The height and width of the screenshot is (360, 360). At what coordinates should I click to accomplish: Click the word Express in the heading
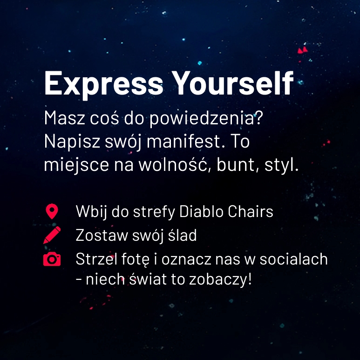click(x=103, y=84)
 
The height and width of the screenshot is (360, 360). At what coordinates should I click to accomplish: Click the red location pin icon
click(x=52, y=211)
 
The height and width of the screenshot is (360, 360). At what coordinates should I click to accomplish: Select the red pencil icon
click(x=52, y=235)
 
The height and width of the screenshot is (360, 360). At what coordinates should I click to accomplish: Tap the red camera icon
click(x=52, y=259)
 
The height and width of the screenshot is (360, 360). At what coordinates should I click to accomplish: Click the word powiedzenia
click(x=206, y=118)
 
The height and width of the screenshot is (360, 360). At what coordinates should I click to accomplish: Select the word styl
click(x=281, y=165)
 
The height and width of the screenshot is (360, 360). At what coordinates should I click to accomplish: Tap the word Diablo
click(x=201, y=211)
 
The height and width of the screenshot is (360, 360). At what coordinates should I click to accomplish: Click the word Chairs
click(x=251, y=211)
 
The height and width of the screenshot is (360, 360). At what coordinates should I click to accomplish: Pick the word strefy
click(x=154, y=212)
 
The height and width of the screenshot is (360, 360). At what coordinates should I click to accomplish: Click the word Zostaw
click(x=102, y=235)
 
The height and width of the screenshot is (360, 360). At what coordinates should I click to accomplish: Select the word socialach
click(x=293, y=259)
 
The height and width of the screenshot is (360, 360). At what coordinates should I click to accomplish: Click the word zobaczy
click(x=220, y=279)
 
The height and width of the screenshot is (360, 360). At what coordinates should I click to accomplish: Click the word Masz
click(x=65, y=118)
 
